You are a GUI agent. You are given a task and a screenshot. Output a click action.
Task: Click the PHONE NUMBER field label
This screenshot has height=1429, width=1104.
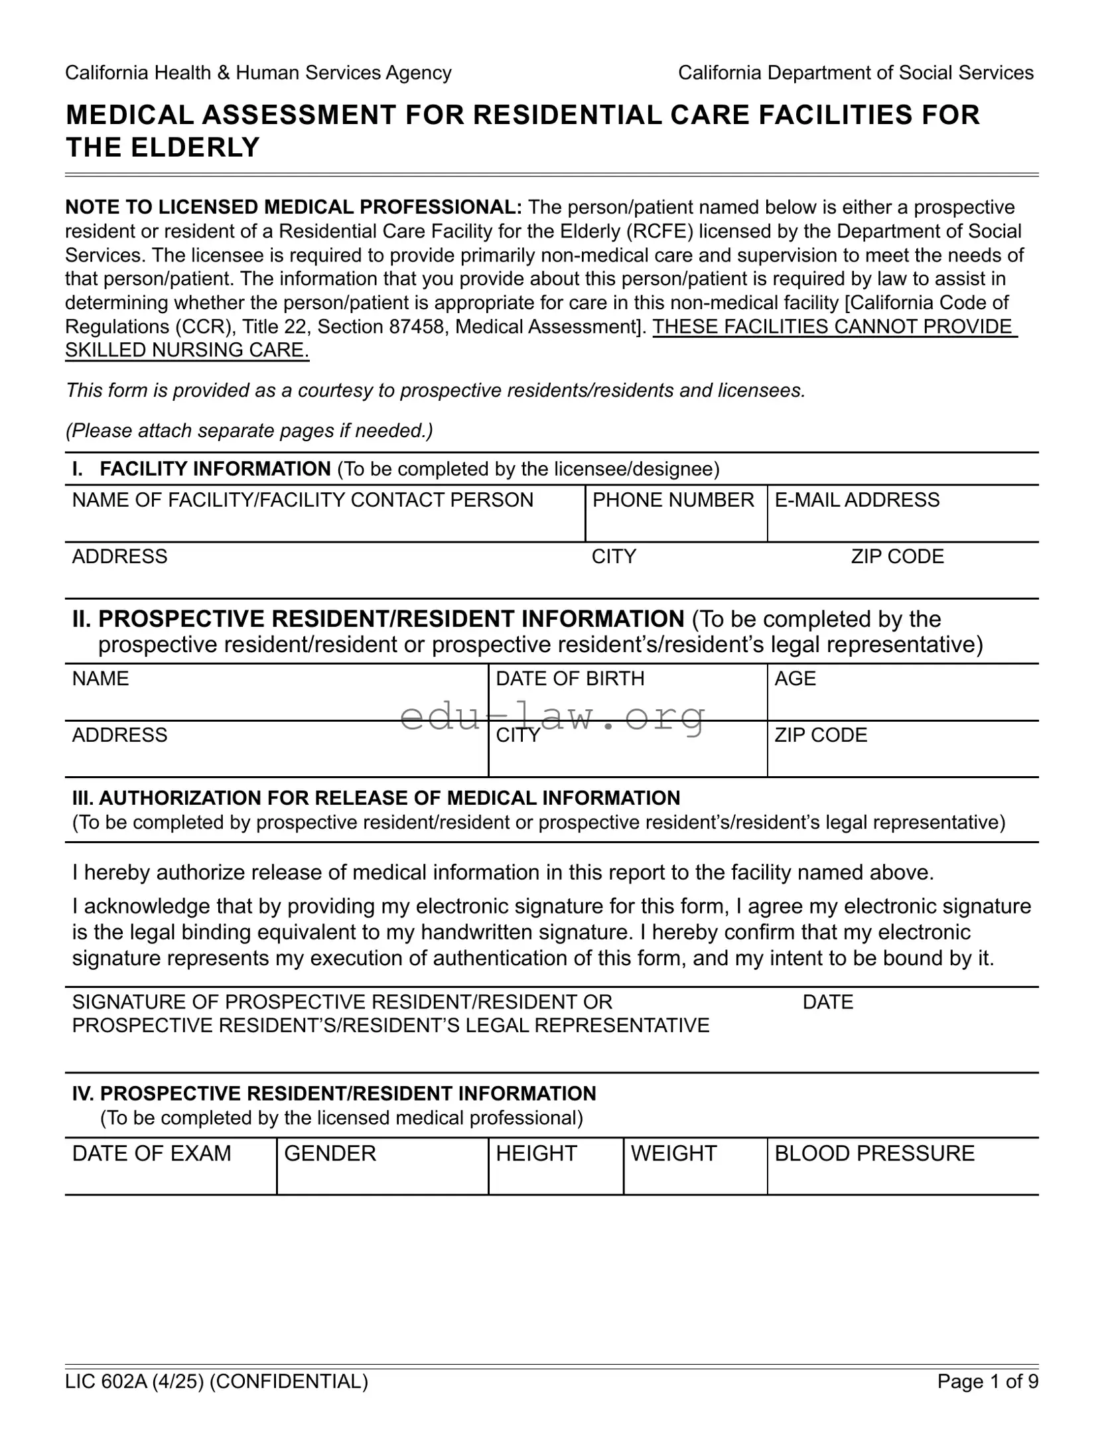tap(673, 500)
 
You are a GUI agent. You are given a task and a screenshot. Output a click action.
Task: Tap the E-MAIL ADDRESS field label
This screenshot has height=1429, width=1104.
tap(857, 500)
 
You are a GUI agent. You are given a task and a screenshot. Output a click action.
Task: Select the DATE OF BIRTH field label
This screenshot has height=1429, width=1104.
tap(570, 678)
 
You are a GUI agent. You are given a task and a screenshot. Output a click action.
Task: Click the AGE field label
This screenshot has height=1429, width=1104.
tap(795, 678)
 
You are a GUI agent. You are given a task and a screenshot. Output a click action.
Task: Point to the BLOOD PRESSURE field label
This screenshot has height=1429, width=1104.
tap(874, 1153)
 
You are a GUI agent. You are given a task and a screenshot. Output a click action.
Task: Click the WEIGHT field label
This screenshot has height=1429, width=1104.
tap(673, 1153)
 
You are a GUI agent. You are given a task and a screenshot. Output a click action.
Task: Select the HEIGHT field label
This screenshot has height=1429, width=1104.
tap(536, 1153)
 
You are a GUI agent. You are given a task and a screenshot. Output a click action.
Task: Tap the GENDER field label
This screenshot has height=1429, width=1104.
tap(330, 1153)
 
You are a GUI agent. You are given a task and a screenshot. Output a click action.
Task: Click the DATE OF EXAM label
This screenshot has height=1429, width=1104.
tap(151, 1153)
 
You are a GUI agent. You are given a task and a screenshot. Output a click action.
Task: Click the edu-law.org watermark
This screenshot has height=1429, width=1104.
tap(553, 716)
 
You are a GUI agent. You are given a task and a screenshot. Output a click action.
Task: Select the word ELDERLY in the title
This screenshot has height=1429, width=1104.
tap(195, 147)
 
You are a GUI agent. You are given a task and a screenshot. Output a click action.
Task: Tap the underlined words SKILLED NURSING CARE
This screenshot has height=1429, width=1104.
tap(187, 350)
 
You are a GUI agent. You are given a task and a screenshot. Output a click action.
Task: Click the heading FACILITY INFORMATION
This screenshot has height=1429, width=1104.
tap(215, 469)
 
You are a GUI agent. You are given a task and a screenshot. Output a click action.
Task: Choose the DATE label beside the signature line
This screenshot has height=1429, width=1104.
tap(827, 1002)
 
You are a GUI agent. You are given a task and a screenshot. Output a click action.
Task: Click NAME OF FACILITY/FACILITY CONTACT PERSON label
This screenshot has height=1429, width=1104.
tap(303, 500)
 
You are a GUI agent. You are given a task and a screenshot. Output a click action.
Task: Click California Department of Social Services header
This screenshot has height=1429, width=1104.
tap(855, 73)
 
